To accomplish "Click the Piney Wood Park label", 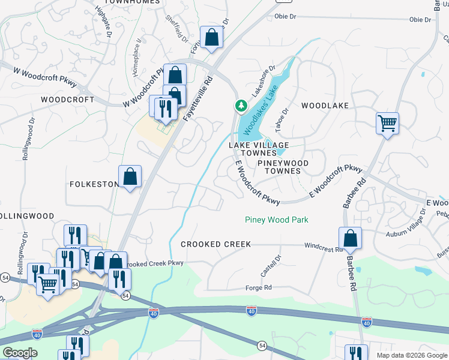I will [x=276, y=220].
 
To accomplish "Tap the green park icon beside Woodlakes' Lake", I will [x=241, y=106].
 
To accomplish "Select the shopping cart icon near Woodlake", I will [x=387, y=124].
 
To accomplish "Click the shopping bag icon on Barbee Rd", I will [x=350, y=238].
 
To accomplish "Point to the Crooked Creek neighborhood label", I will [x=215, y=245].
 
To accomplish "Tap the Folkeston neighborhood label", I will [x=94, y=184].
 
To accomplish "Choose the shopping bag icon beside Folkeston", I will [x=130, y=176].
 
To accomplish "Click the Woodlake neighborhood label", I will [x=325, y=106].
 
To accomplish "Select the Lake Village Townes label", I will [x=259, y=149].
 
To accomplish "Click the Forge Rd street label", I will [x=259, y=288].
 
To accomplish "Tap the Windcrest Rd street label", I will [x=323, y=247].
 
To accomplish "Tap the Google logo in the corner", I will [x=20, y=353].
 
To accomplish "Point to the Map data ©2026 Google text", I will [x=411, y=355].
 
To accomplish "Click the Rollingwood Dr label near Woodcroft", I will [x=28, y=139].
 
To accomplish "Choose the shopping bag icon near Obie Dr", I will [x=211, y=38].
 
